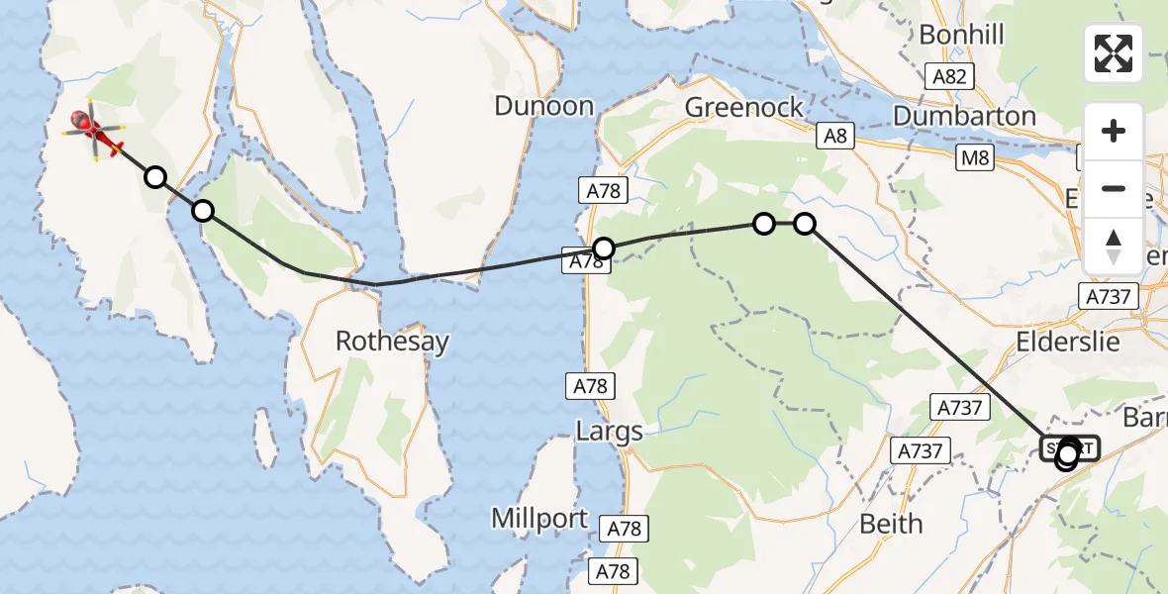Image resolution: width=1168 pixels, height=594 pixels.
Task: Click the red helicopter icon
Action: [91, 133]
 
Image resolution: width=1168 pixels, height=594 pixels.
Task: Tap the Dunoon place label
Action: [543, 106]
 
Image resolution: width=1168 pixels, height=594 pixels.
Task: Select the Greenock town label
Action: [744, 107]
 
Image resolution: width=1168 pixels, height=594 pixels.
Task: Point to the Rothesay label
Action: [392, 342]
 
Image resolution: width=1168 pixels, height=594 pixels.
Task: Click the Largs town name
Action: [609, 431]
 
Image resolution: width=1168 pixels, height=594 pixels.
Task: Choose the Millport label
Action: [540, 519]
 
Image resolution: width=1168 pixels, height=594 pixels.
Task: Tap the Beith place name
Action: [891, 523]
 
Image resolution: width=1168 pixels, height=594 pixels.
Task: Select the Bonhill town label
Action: [961, 35]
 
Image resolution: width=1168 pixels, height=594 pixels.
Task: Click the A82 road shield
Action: [951, 75]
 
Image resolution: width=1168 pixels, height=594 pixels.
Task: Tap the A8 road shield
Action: [835, 137]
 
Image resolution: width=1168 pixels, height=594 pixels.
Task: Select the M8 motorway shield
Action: [975, 157]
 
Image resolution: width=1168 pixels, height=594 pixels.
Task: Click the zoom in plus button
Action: [1114, 131]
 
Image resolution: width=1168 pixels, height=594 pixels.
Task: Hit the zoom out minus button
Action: [1114, 188]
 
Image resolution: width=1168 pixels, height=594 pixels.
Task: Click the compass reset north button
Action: [1114, 247]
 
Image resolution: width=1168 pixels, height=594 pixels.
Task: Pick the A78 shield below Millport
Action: [615, 571]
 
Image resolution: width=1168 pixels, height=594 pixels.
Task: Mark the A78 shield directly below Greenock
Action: [603, 190]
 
